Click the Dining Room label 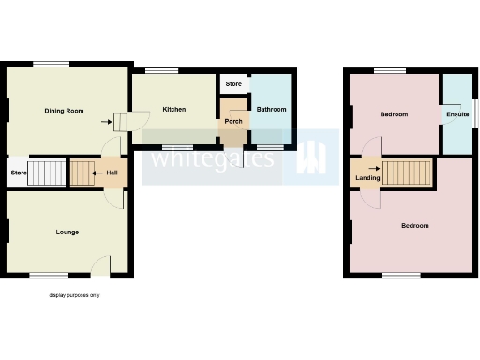[x=64, y=111]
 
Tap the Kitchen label [x=173, y=109]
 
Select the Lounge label [x=67, y=232]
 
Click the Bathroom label [x=271, y=109]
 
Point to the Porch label [x=232, y=121]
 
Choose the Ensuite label [x=457, y=114]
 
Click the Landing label [x=367, y=178]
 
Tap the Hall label [x=112, y=173]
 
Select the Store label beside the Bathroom [x=233, y=84]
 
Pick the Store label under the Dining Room [x=18, y=172]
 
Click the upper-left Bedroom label [x=394, y=114]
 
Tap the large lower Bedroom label [x=414, y=226]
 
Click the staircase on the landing [x=409, y=172]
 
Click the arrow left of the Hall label [x=98, y=173]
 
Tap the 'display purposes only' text [x=75, y=295]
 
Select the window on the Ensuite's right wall [x=472, y=111]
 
